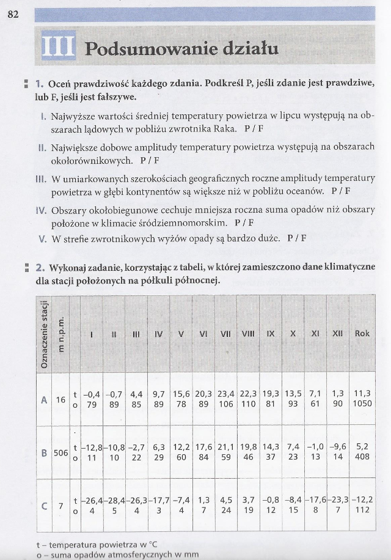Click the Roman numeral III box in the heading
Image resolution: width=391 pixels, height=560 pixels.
click(x=58, y=47)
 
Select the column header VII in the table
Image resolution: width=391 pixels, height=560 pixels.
click(x=225, y=334)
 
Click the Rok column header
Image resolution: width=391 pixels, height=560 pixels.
click(x=362, y=334)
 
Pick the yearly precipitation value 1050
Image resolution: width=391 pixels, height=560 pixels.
click(x=362, y=405)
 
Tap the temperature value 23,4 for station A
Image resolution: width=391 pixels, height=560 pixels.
click(x=225, y=394)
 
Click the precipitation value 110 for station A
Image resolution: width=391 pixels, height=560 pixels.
click(x=248, y=405)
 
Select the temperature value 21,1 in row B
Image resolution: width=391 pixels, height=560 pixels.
click(x=225, y=448)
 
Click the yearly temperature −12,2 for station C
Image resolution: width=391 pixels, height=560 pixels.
click(x=362, y=499)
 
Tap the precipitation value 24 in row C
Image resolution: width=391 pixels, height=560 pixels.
click(x=225, y=510)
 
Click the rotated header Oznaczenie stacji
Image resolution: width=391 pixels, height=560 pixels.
click(x=44, y=334)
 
